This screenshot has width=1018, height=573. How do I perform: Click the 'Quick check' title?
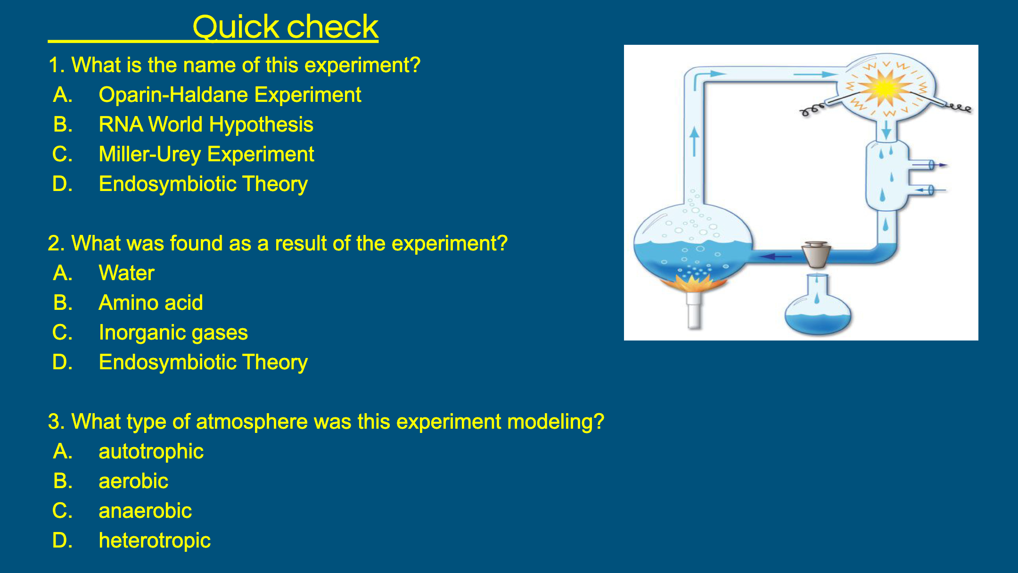285,27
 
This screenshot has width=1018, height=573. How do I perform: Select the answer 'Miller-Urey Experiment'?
206,155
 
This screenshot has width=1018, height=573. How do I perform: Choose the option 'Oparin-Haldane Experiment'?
230,95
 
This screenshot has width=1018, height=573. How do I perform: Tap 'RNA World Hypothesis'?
206,125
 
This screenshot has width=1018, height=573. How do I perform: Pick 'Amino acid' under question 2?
151,303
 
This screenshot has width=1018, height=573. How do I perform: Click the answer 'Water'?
126,273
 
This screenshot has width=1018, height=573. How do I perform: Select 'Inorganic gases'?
173,333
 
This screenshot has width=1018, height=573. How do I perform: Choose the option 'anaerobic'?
145,511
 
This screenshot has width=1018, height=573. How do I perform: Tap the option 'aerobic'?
133,482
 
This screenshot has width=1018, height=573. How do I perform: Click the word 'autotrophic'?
151,452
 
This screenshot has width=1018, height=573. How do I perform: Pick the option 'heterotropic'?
155,541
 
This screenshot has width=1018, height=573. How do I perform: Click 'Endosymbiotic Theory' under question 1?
203,184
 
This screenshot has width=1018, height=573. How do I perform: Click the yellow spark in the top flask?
885,88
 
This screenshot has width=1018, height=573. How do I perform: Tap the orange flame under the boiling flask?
692,283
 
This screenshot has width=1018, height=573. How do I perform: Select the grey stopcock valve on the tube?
816,255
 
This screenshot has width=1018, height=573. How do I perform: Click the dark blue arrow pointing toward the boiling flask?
776,257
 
